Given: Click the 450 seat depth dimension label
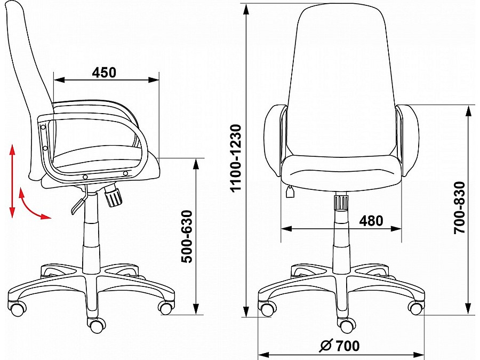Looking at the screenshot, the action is coord(104,72).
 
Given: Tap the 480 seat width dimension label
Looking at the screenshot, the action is coord(371,220).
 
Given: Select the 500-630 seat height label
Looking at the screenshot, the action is coord(187,237).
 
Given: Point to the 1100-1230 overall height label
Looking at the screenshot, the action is coord(236,158).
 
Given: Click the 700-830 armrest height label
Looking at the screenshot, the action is coord(460,208).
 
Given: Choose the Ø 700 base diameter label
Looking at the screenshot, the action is coord(340,346).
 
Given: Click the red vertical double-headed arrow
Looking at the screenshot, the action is coord(12,181).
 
